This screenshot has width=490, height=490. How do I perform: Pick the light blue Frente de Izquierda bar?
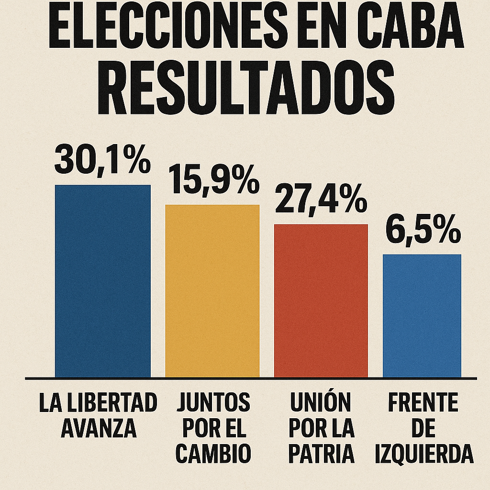(x=422, y=315)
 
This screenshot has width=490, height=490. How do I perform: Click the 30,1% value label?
(x=102, y=160)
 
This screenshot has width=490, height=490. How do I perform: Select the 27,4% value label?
(x=321, y=200)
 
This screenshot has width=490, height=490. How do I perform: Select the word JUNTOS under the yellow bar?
(x=213, y=403)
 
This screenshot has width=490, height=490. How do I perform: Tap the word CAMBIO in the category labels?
(x=213, y=453)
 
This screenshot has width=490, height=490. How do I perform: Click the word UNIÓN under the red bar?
(x=321, y=403)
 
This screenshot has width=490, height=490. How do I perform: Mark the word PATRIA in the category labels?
(x=321, y=453)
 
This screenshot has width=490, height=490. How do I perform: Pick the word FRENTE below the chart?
(x=423, y=403)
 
